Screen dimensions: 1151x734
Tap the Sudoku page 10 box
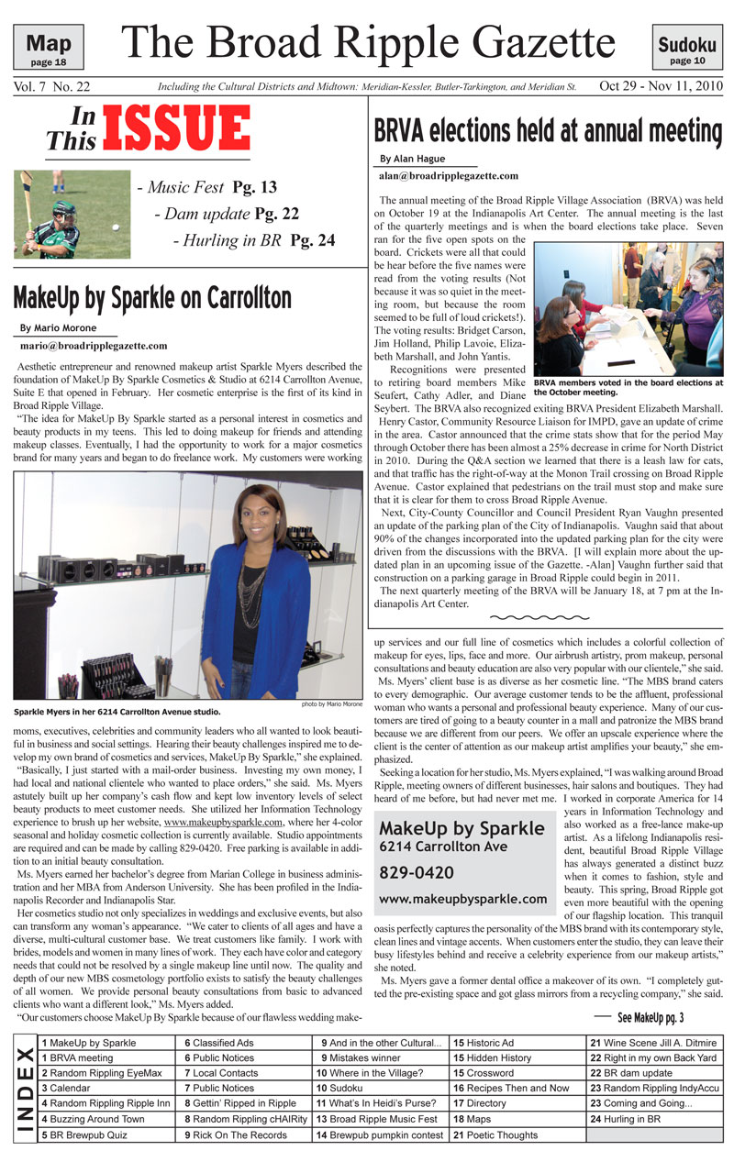click(x=686, y=48)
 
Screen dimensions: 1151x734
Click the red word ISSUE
click(x=176, y=128)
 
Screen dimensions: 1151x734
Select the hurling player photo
click(x=72, y=214)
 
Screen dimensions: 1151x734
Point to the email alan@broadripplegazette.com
click(x=449, y=175)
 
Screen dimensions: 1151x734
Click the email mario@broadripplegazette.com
click(x=94, y=346)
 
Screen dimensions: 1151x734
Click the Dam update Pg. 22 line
click(x=227, y=214)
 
